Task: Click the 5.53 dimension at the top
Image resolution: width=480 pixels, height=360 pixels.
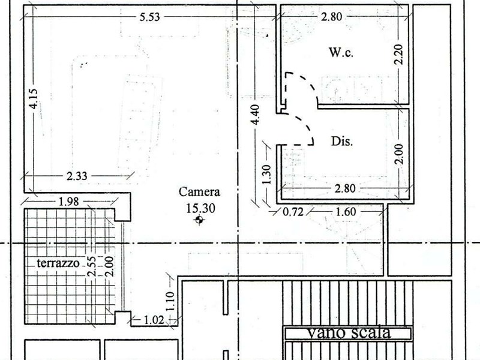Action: pos(149,17)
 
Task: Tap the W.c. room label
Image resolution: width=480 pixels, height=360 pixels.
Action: pos(341,52)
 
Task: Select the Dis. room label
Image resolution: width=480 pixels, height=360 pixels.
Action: pos(342,141)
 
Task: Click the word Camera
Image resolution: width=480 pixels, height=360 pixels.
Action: pos(199,192)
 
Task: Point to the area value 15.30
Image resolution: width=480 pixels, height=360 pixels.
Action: pos(200,208)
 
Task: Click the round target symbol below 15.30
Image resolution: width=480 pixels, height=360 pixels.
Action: pos(199,220)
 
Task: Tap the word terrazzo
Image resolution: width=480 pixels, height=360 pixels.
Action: pos(58,263)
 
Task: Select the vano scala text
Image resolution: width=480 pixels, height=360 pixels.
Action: pos(349,332)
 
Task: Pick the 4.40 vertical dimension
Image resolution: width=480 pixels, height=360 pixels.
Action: pos(255,115)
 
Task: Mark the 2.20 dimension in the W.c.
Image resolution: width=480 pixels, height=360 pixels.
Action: pos(398,54)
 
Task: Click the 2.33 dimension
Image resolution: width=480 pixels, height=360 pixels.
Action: pos(77,176)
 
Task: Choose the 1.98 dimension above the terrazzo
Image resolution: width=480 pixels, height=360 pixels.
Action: pos(68,202)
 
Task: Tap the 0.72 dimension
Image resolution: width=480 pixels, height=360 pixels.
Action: pos(293,212)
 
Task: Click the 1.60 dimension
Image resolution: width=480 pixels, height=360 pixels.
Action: pos(346,212)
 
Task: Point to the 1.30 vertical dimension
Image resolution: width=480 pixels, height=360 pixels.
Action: pos(266,175)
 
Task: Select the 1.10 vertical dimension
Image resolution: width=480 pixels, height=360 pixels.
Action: pos(170,301)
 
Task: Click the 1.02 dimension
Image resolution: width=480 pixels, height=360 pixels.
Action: pos(154,320)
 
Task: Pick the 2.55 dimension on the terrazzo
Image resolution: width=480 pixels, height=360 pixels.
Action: pos(91,266)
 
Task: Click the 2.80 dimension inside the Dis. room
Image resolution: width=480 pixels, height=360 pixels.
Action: pos(345,188)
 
